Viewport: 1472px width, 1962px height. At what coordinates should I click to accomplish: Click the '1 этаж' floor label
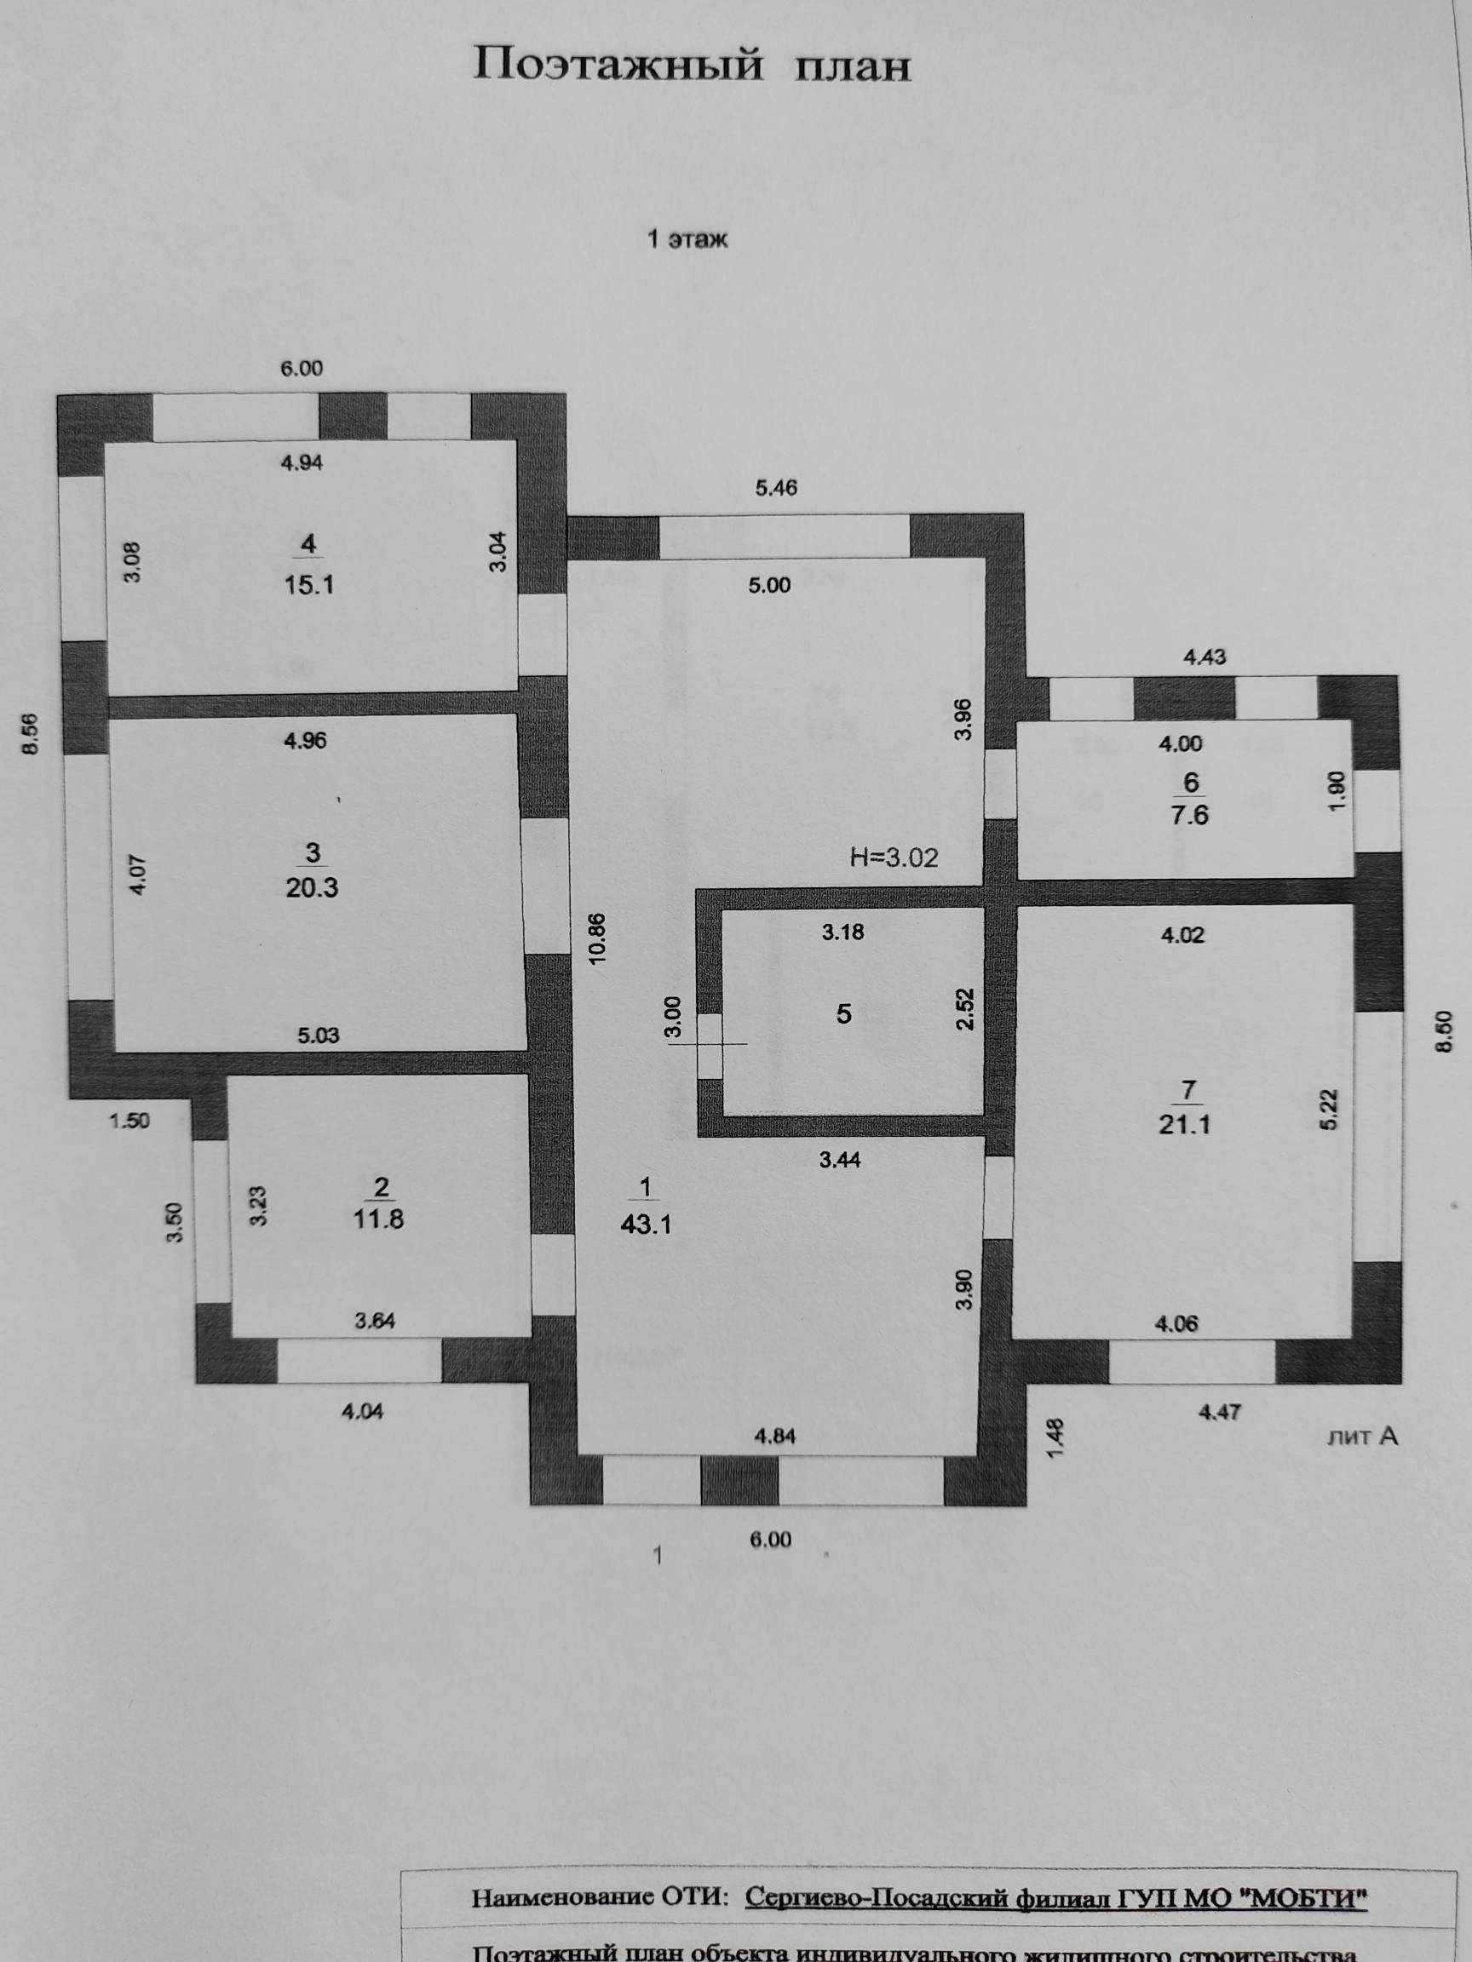[x=687, y=239]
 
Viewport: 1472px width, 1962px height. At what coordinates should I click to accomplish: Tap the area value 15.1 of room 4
[x=308, y=585]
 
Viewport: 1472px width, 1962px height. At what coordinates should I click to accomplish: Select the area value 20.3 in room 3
[x=312, y=888]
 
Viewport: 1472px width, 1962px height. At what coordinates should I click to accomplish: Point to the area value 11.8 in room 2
[x=380, y=1219]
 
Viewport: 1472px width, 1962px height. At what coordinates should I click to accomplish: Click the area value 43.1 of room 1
[x=647, y=1224]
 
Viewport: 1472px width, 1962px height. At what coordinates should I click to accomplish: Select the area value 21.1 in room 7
[x=1185, y=1125]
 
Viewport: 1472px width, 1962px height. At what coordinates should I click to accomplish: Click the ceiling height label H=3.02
[x=894, y=858]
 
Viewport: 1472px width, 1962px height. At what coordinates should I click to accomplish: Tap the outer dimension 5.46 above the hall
[x=776, y=488]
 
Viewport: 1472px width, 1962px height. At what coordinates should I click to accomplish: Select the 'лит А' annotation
[x=1362, y=1436]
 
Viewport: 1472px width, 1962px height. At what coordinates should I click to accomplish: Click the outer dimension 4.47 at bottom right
[x=1219, y=1413]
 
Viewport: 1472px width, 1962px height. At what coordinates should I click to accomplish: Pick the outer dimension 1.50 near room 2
[x=129, y=1122]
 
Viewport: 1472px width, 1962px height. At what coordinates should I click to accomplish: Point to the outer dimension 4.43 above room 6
[x=1205, y=657]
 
